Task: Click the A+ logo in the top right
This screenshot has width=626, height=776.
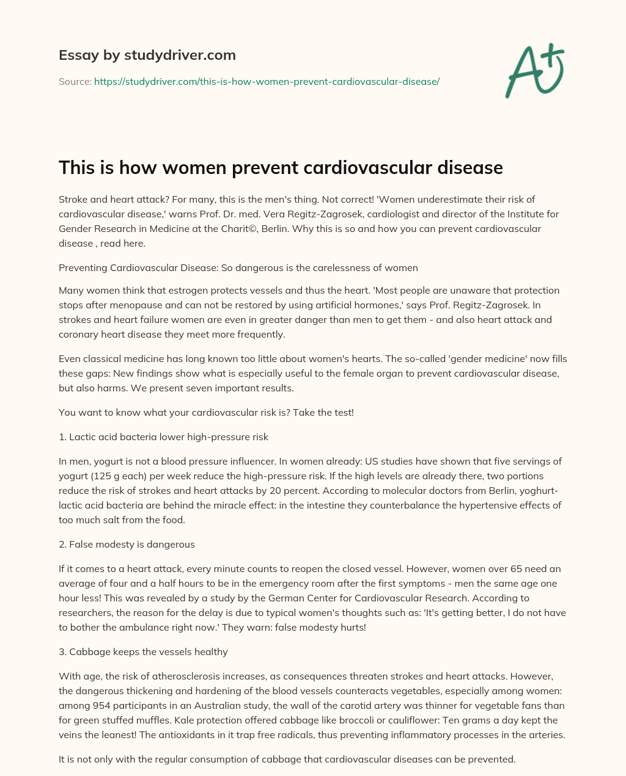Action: pyautogui.click(x=534, y=71)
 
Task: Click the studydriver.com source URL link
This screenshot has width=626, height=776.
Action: pyautogui.click(x=267, y=81)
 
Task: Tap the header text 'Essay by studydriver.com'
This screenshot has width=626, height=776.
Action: pyautogui.click(x=147, y=55)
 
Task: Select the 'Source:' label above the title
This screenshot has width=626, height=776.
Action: pyautogui.click(x=75, y=81)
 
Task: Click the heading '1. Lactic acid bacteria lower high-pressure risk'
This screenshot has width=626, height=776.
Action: pyautogui.click(x=163, y=437)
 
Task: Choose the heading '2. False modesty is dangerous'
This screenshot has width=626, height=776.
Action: pyautogui.click(x=127, y=544)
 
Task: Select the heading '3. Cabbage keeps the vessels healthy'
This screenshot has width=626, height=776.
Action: pyautogui.click(x=143, y=651)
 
